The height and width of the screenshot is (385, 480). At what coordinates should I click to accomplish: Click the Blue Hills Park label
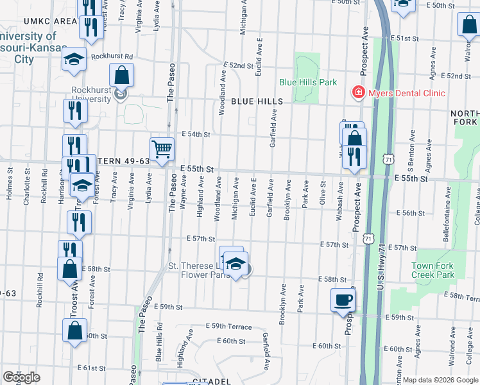coord(308,82)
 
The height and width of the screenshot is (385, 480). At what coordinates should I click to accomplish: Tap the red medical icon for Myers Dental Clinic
coord(357,93)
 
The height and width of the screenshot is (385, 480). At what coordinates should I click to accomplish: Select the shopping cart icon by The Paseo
coord(162,150)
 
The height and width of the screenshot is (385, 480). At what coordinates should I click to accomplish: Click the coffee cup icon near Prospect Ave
coord(343,300)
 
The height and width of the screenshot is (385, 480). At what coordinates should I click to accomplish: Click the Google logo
coord(21,377)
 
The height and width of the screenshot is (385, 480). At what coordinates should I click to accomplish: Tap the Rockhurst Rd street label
coord(112,56)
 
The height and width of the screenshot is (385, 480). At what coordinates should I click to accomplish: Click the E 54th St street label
coord(196,134)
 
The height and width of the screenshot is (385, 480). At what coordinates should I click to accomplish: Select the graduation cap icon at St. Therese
coord(236,264)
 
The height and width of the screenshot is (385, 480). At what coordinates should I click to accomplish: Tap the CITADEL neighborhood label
coord(211,381)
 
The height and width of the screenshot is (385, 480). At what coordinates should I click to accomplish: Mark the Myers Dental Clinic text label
coord(406,93)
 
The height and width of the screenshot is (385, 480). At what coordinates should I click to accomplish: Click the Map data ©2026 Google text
coord(439,380)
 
